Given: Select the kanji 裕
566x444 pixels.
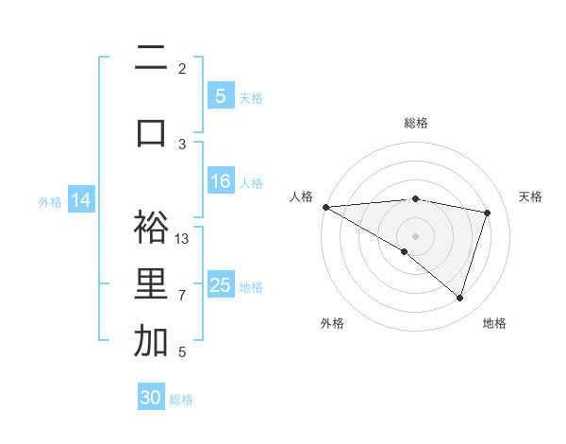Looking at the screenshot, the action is (x=151, y=227).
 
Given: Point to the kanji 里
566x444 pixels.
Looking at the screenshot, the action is (x=151, y=284).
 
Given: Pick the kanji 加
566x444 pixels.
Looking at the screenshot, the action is (x=151, y=341).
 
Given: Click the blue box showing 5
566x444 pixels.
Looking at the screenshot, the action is (x=220, y=95).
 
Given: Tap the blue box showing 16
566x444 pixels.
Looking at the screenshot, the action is (x=220, y=181).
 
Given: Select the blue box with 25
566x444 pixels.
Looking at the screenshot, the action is (x=220, y=285).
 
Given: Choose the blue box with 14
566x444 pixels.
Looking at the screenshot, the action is (x=80, y=200).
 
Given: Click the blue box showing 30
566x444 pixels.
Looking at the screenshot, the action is (x=151, y=398).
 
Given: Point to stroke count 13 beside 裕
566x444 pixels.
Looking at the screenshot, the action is (x=183, y=238).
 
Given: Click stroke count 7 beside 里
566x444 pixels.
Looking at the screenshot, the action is (x=182, y=296).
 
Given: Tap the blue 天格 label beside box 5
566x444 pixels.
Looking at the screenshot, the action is (x=251, y=97).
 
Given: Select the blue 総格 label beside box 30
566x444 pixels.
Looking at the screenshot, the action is (x=181, y=400).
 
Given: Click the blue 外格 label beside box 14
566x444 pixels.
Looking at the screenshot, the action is (x=50, y=202).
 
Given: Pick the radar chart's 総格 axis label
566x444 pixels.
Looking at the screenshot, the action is (x=416, y=123).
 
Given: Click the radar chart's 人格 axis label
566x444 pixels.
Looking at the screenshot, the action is (x=302, y=196).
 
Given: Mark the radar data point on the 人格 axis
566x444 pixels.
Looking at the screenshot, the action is (x=325, y=206).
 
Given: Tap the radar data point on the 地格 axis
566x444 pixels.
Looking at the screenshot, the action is (x=459, y=299).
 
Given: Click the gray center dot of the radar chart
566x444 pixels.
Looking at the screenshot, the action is (x=415, y=234).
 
